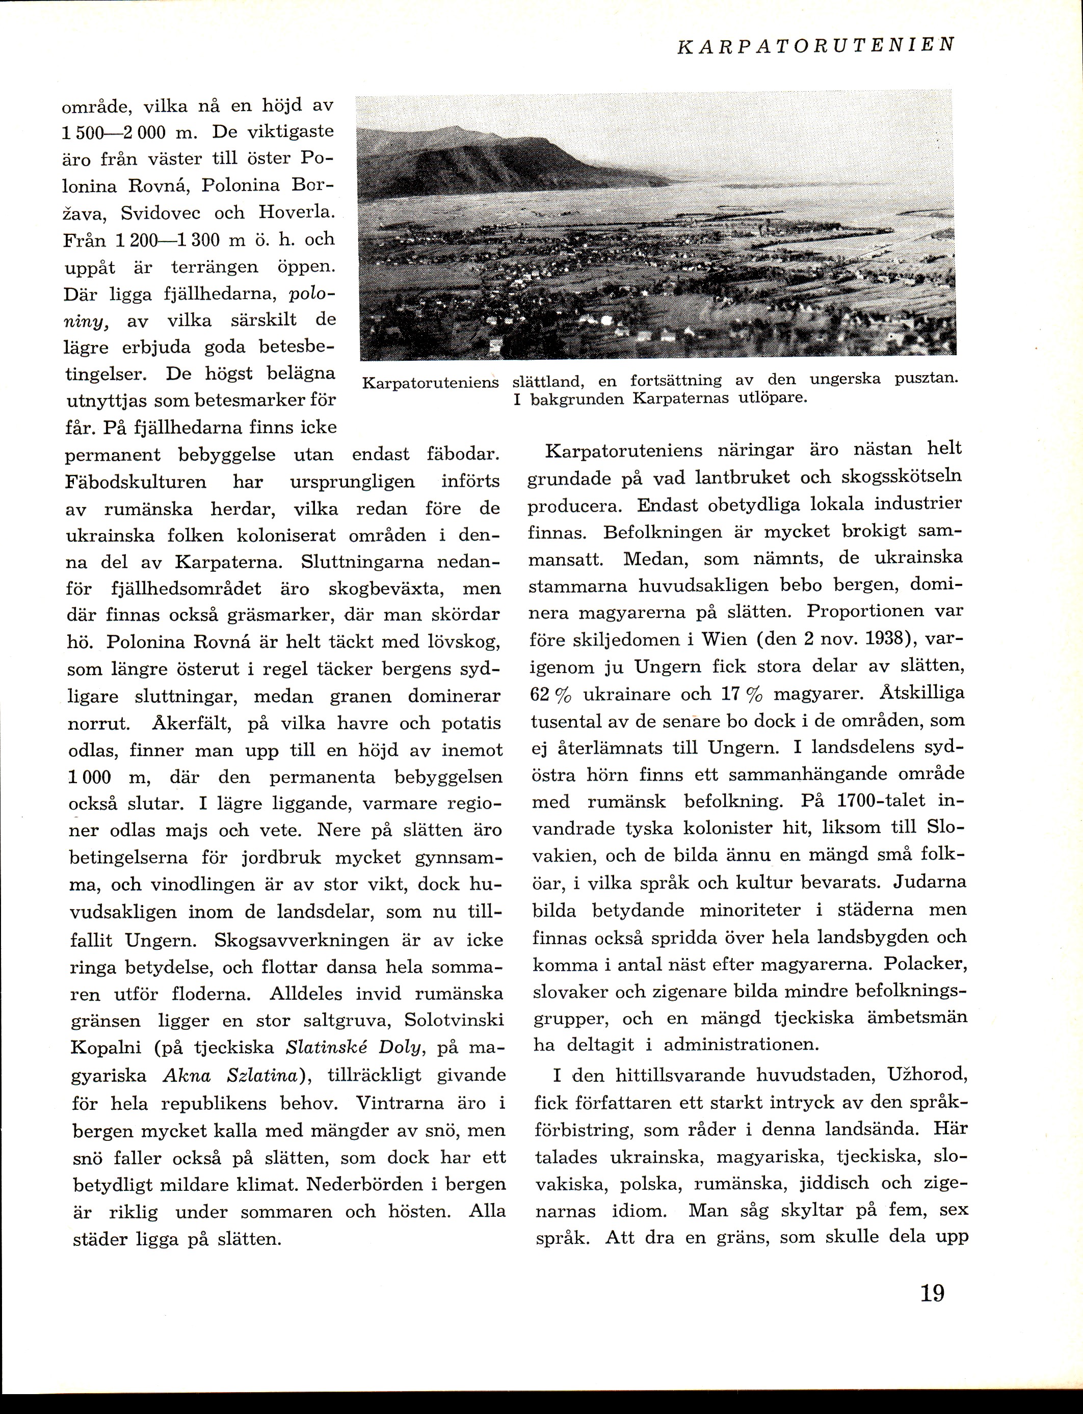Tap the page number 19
coord(932,1293)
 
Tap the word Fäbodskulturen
coord(137,482)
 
